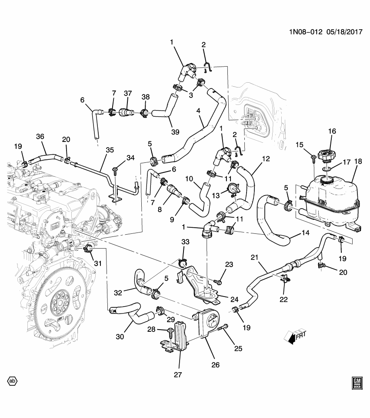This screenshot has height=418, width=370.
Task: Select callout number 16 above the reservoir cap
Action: [x=332, y=131]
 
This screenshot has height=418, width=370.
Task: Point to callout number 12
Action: [x=266, y=159]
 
